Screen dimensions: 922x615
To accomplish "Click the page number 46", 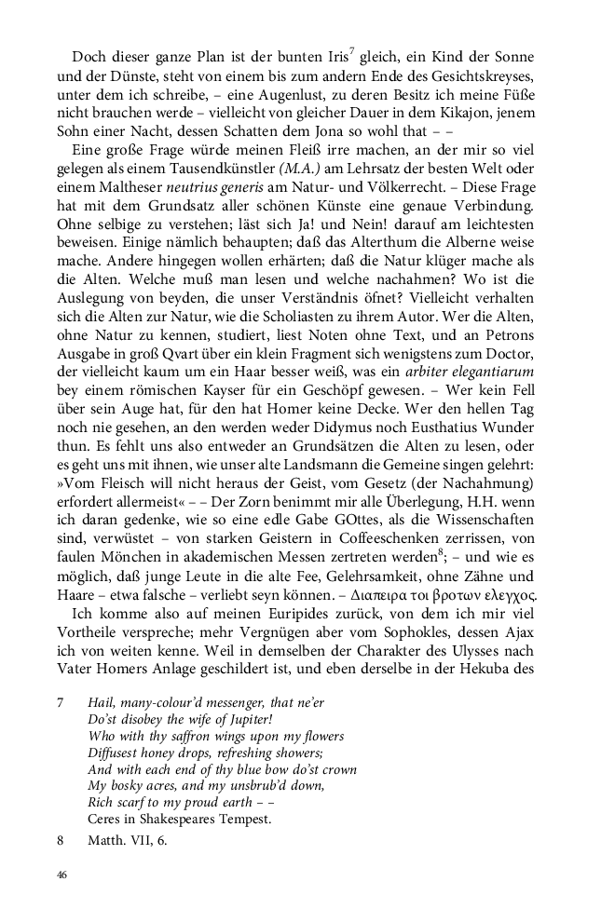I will [x=61, y=875].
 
